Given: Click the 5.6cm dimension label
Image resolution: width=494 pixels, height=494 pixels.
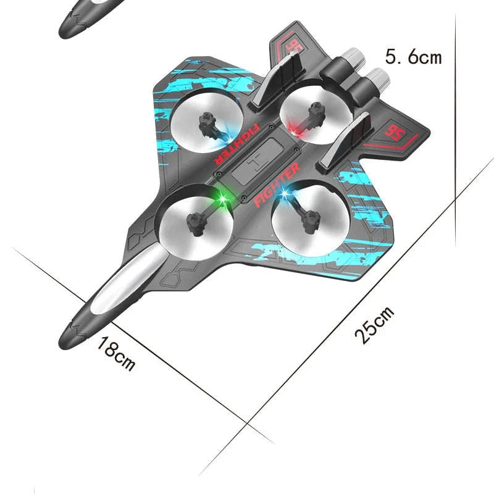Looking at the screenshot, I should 413,57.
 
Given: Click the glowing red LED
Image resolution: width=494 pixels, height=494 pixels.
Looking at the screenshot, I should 295,132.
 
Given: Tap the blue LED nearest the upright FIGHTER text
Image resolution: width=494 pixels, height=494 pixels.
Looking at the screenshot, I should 285,195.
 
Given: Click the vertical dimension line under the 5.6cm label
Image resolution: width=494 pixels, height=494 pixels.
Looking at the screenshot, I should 455,154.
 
